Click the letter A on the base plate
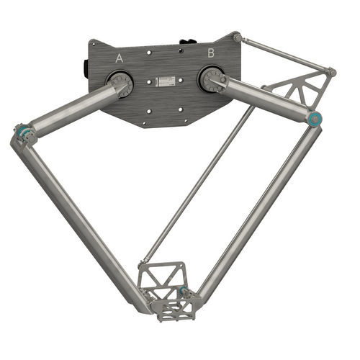(x=120, y=58)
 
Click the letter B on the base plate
(x=211, y=53)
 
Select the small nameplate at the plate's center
(x=165, y=81)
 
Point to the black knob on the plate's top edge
(x=188, y=42)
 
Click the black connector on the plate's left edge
(x=85, y=69)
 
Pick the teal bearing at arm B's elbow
(x=315, y=119)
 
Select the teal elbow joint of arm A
(x=24, y=132)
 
